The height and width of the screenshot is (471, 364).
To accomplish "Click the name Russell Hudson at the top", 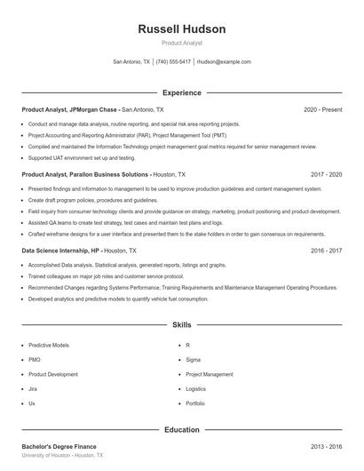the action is coord(182,29).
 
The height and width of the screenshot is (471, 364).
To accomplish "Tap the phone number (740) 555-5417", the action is coord(173,62).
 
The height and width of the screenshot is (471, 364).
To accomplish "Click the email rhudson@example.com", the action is coord(224,62).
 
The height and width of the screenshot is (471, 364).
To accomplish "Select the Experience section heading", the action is coord(182,92).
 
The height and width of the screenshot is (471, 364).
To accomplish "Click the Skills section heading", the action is coord(182,325).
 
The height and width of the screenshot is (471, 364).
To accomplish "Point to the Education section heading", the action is coord(182,429).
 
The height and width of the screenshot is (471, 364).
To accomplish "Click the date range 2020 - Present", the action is coord(322,109).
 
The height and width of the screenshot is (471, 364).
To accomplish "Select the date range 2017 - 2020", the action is coord(327,175).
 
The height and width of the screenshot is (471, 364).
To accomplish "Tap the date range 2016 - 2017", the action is coord(327,251).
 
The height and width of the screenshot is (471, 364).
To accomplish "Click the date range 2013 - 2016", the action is coord(327,446).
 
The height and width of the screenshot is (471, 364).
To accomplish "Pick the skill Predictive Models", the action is coord(48,345).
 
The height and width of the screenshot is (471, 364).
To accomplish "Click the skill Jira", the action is coord(33,389).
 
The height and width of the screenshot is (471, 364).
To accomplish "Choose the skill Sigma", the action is coord(194,360).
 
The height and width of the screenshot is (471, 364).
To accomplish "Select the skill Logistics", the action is coord(196,389).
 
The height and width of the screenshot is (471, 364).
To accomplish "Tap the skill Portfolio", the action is coord(195,403).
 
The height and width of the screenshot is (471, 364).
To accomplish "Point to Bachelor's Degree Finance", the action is coord(59,446).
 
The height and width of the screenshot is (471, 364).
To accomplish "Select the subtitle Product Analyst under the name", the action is coord(182,43).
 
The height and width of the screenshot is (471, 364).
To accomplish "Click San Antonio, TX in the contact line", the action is coord(131,62).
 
